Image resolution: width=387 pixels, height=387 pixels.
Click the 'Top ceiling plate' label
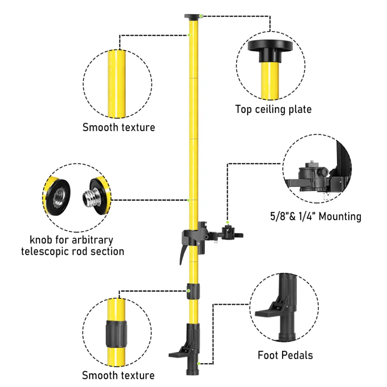(273, 109)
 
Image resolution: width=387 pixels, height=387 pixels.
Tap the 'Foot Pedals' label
(285, 355)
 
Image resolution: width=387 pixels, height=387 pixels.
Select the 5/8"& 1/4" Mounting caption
(315, 216)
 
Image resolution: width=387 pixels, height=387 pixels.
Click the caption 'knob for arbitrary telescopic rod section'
(73, 245)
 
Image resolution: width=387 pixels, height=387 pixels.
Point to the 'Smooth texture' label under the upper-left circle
(118, 127)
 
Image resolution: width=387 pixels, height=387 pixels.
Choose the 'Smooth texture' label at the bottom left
(118, 375)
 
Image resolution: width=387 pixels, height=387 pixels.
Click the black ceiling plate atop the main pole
(192, 17)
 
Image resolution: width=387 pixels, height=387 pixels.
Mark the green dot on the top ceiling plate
(202, 16)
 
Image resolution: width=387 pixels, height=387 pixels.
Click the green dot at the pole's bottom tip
(199, 363)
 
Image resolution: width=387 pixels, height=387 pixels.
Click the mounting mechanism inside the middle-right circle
(313, 174)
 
